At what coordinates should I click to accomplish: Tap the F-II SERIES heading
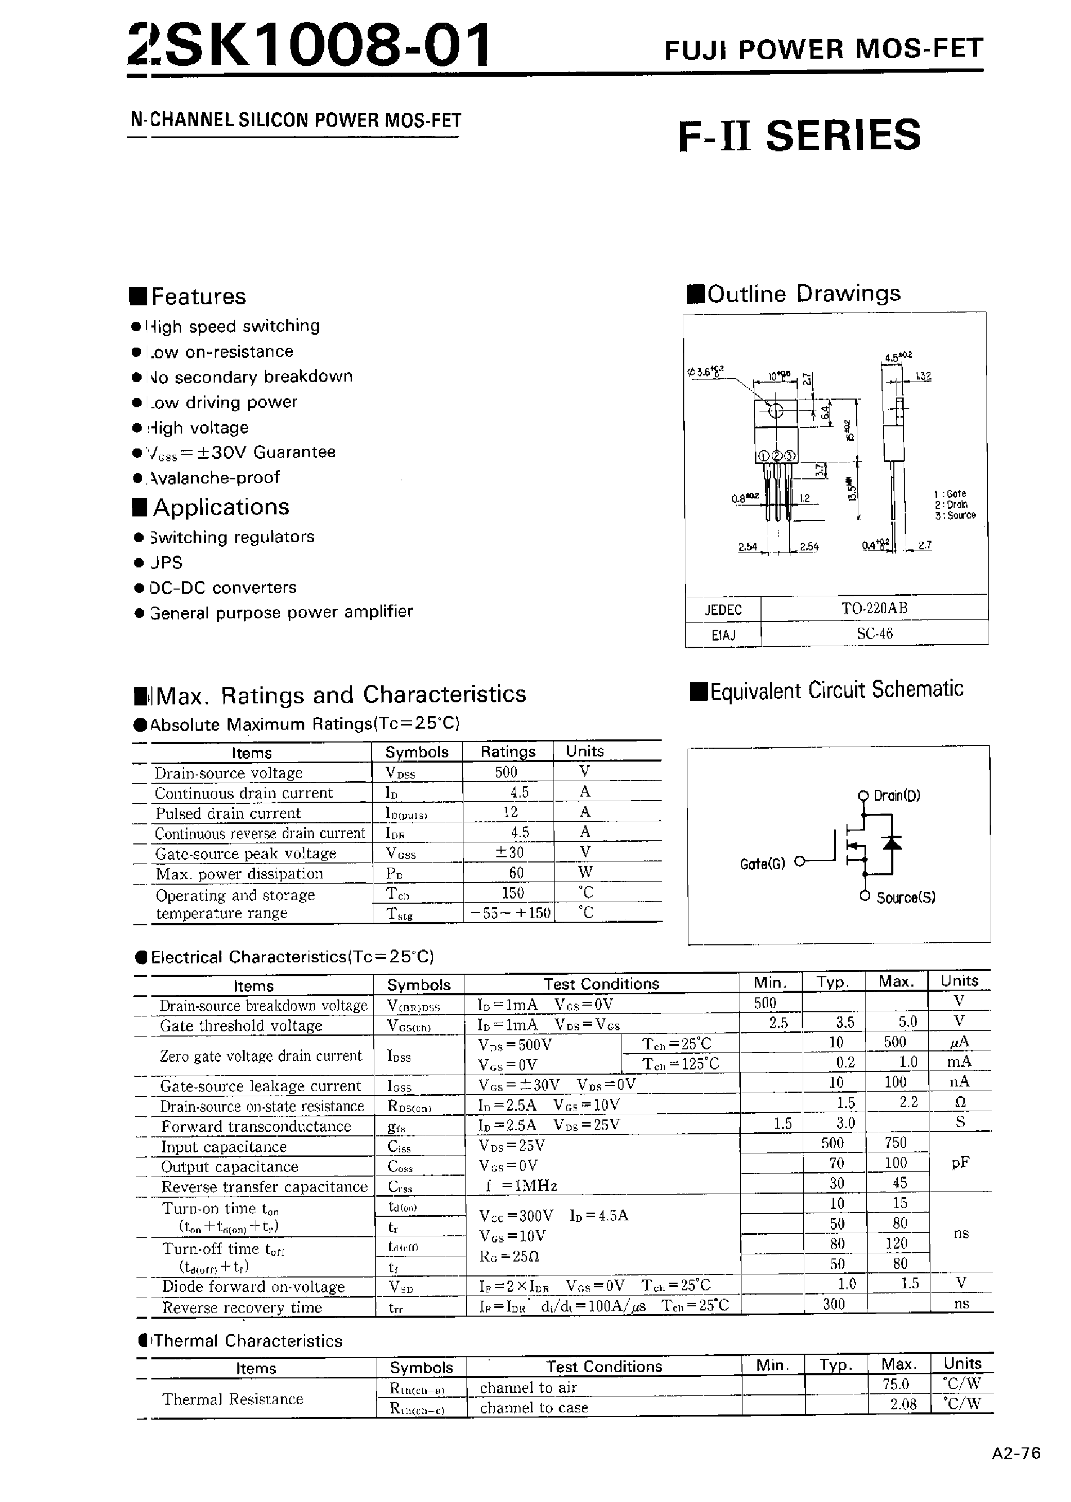(x=799, y=135)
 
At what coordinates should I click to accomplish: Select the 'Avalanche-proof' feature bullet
(x=214, y=477)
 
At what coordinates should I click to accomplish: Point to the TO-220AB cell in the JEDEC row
(x=874, y=608)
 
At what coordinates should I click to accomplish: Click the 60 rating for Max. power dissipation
(x=516, y=872)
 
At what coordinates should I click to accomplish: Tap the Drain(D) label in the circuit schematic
(x=896, y=796)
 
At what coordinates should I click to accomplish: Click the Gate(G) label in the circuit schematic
(x=763, y=864)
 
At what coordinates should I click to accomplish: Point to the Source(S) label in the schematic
(x=906, y=897)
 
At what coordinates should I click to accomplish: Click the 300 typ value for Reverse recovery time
(x=834, y=1304)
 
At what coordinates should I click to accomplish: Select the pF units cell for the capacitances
(x=960, y=1163)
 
